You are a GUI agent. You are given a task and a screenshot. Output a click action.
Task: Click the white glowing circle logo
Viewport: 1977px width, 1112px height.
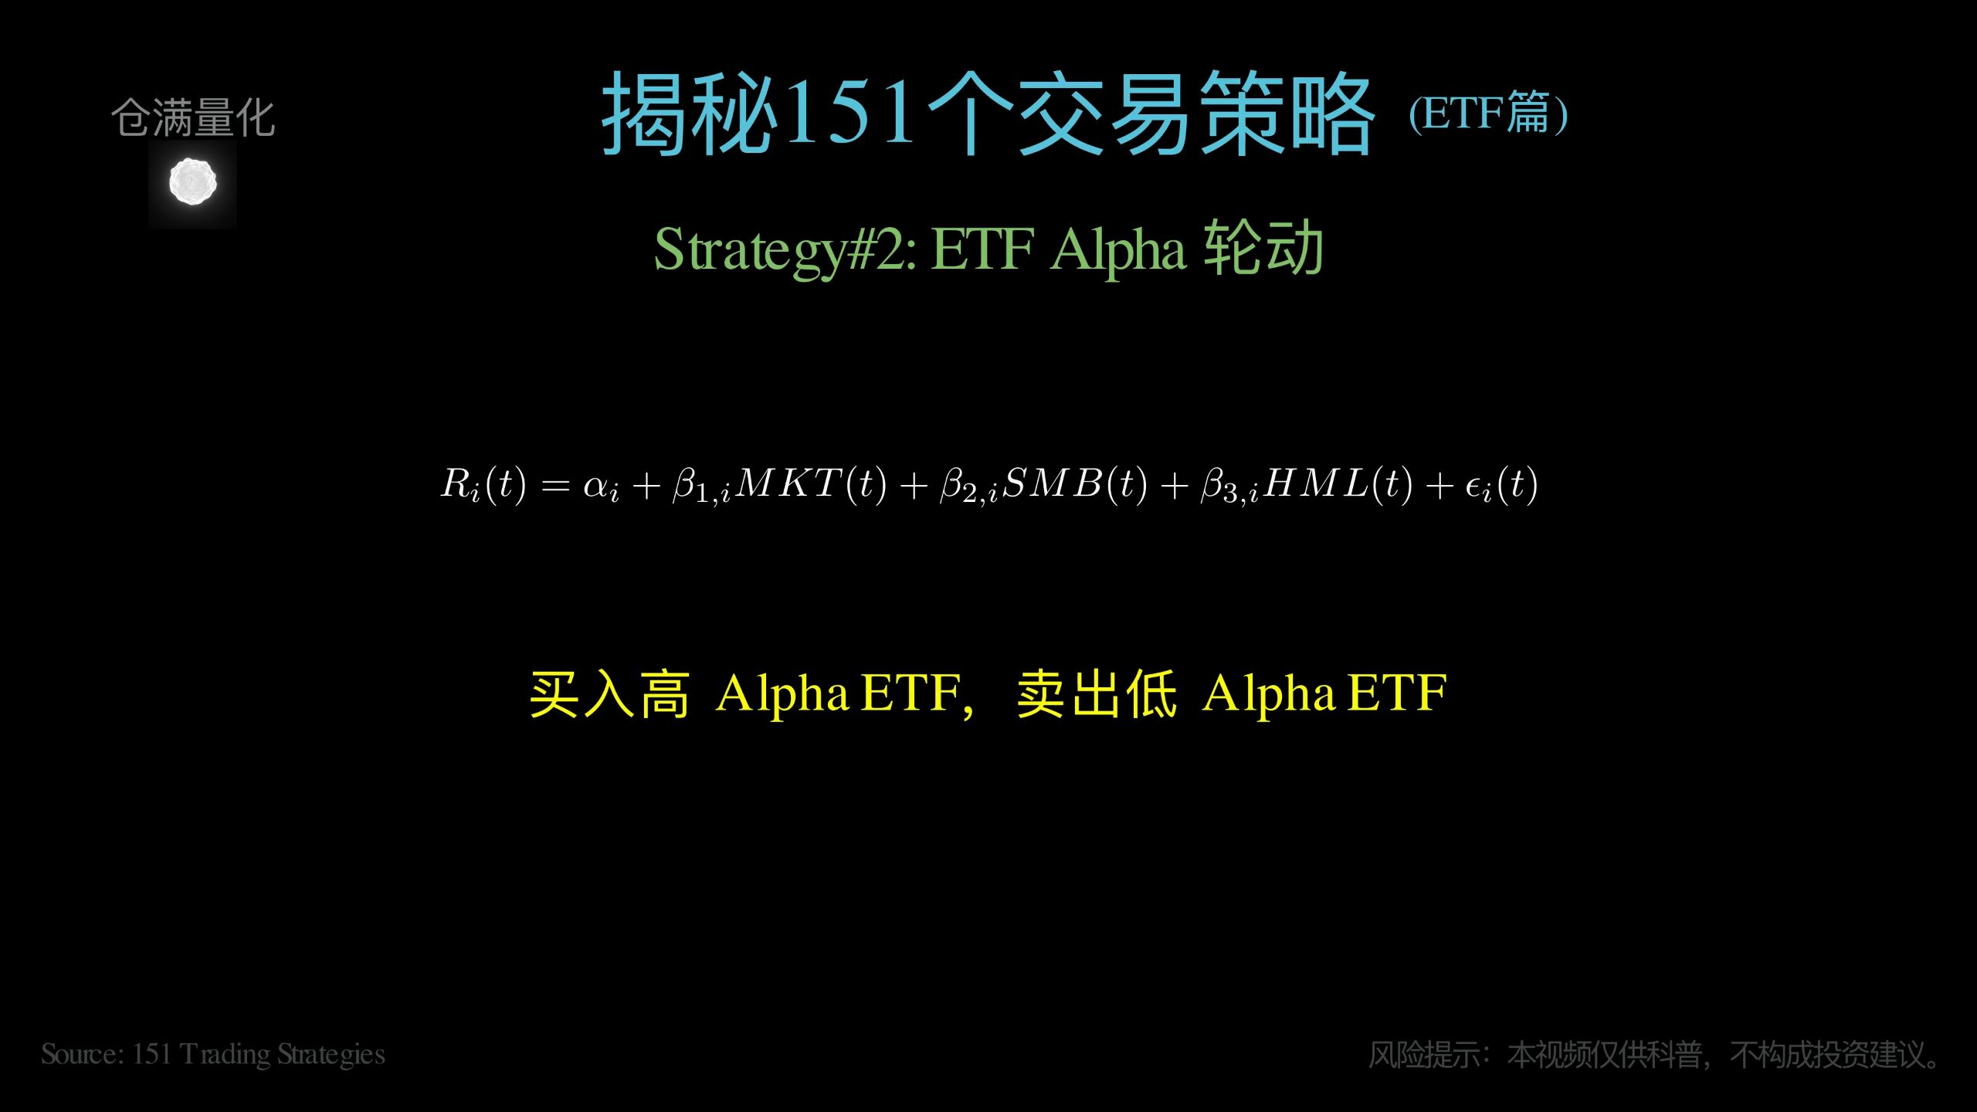(x=192, y=182)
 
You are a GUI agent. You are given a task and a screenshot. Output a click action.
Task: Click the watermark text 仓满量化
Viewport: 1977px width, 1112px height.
(x=192, y=118)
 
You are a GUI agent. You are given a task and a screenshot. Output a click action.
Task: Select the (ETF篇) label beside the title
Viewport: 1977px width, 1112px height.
(x=1488, y=114)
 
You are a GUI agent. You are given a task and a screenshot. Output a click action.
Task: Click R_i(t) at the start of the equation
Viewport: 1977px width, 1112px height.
(x=483, y=485)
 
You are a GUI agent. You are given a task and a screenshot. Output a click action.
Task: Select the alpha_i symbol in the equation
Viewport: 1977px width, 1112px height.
(x=601, y=486)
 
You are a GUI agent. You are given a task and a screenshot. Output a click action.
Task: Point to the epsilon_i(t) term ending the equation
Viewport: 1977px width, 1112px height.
(x=1501, y=485)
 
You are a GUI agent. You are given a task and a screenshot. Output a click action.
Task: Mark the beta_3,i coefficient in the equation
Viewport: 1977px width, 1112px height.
(x=1229, y=486)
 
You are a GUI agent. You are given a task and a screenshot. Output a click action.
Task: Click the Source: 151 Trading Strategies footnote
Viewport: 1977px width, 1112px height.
(x=213, y=1055)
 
